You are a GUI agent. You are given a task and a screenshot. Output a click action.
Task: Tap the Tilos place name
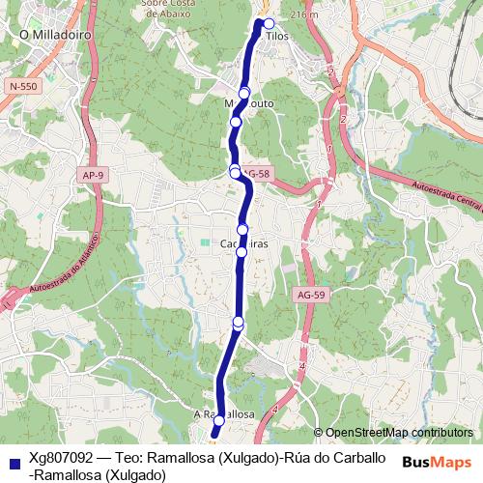click(278, 35)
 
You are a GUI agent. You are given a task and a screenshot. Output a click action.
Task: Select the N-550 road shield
click(23, 87)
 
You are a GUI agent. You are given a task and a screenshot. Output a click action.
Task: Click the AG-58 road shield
click(255, 174)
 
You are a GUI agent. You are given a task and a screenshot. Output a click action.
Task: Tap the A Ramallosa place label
click(223, 412)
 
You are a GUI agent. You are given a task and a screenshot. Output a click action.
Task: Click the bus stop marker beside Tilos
click(270, 23)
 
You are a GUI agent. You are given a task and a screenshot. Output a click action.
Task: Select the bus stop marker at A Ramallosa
click(219, 421)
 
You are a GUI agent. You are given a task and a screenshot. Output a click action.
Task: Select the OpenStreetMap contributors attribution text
click(398, 433)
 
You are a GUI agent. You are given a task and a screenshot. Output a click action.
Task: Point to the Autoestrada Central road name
click(446, 193)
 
